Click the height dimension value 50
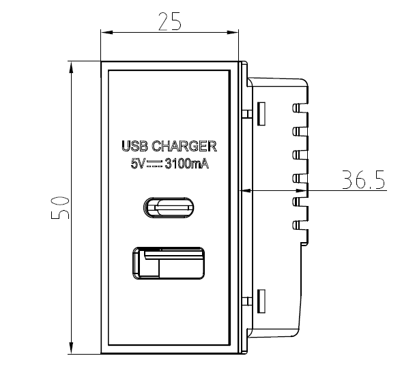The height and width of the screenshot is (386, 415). pyautogui.click(x=59, y=207)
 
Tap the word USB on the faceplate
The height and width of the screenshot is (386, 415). pyautogui.click(x=134, y=147)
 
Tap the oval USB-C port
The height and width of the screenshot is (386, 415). pyautogui.click(x=169, y=205)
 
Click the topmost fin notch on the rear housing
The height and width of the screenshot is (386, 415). pyautogui.click(x=296, y=108)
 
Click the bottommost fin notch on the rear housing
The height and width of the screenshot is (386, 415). pyautogui.click(x=296, y=223)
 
